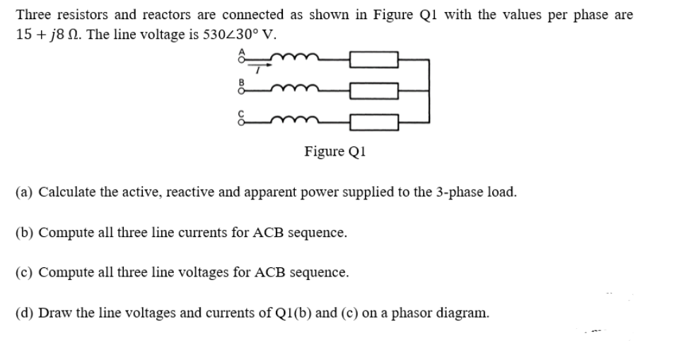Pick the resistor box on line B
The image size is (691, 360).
click(x=374, y=90)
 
